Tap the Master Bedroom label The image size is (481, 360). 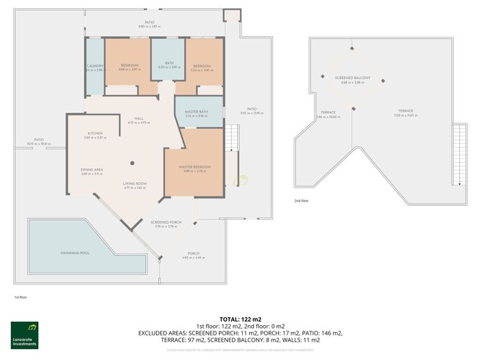pyautogui.click(x=194, y=167)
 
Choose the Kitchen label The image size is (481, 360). pyautogui.click(x=94, y=134)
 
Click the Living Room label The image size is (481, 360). pyautogui.click(x=135, y=184)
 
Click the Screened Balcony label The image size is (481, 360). pyautogui.click(x=352, y=78)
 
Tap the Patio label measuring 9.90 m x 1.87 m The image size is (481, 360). pyautogui.click(x=149, y=23)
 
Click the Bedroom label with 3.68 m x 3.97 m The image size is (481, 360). pyautogui.click(x=130, y=66)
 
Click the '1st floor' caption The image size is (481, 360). pyautogui.click(x=20, y=297)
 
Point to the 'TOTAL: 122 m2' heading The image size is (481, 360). pyautogui.click(x=240, y=319)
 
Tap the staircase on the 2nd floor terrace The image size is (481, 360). pyautogui.click(x=460, y=153)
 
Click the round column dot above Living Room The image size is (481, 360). pyautogui.click(x=132, y=162)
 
